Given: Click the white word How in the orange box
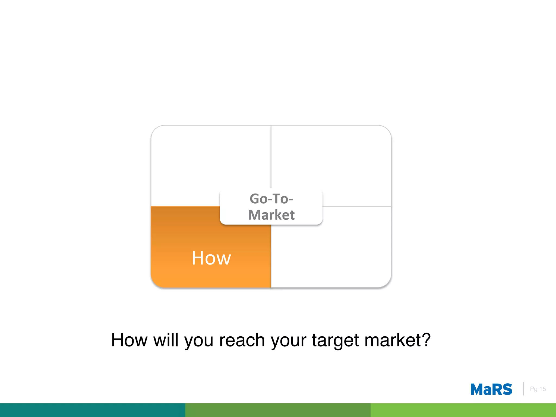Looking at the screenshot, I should click(211, 258).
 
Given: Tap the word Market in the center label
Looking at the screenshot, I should click(271, 215).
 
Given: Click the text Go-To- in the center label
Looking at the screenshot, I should click(271, 199).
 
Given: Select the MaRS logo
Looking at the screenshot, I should click(491, 389).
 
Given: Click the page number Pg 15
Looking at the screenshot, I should click(538, 389).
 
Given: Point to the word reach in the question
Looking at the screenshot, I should click(242, 340).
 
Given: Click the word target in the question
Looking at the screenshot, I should click(335, 340).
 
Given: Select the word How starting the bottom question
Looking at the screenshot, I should click(129, 340).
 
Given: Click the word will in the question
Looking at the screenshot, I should click(166, 340).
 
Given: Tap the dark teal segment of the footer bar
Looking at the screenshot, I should click(92, 410).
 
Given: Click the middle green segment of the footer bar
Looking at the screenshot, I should click(278, 410).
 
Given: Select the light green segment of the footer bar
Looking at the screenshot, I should click(463, 410).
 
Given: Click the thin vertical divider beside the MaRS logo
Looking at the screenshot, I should click(523, 389).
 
